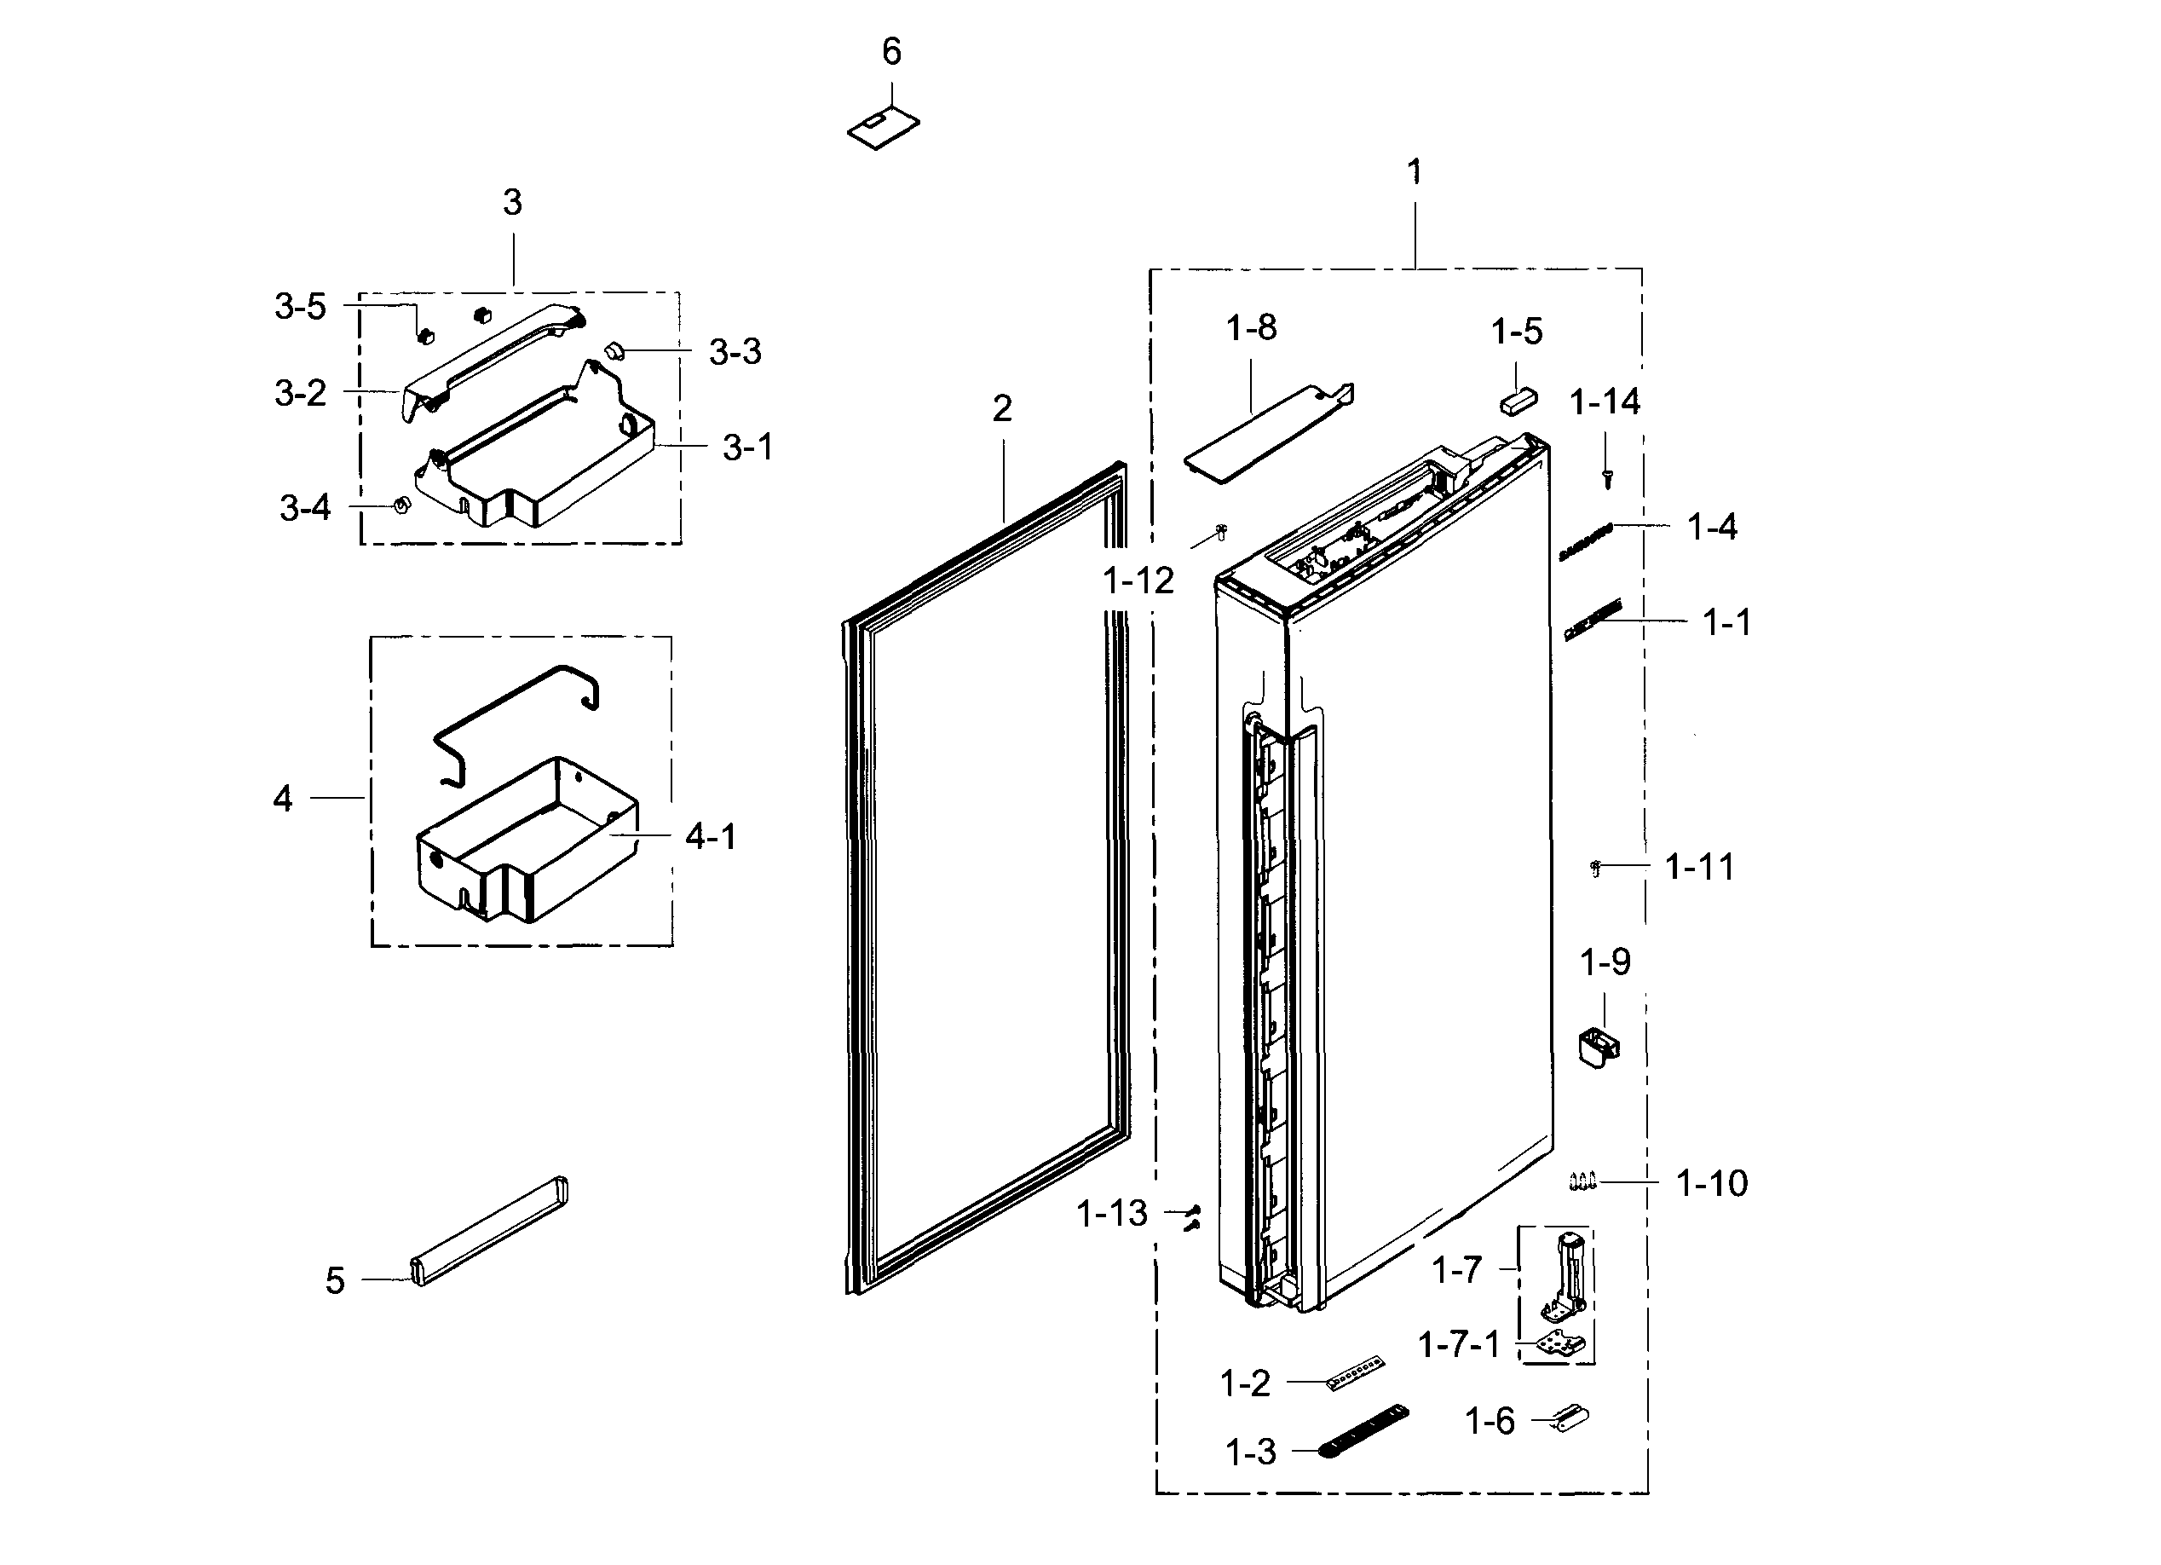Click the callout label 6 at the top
(890, 52)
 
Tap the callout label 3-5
(300, 307)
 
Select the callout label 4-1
(711, 838)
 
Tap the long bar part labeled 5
(490, 1231)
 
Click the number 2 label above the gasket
(1001, 410)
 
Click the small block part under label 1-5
(1518, 401)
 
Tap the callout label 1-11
(1699, 868)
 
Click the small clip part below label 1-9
(1599, 1048)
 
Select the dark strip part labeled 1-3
(1363, 1430)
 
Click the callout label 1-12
(1138, 580)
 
